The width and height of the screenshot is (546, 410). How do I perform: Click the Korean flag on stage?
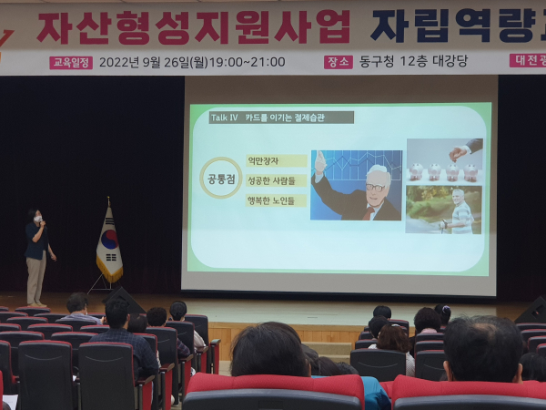109,244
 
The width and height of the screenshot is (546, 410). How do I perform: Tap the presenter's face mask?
37,220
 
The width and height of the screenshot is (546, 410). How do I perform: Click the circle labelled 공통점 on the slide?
221,177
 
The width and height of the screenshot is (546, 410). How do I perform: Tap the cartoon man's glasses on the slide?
375,187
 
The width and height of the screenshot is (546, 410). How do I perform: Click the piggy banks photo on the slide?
445,161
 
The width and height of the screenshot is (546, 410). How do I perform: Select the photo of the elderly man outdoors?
445,210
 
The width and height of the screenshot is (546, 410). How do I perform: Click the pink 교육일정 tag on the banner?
71,63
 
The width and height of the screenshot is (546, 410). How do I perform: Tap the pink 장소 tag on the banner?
338,62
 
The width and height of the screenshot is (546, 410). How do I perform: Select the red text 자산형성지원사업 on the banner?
193,27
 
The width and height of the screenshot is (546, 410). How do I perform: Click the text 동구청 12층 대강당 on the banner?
411,62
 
